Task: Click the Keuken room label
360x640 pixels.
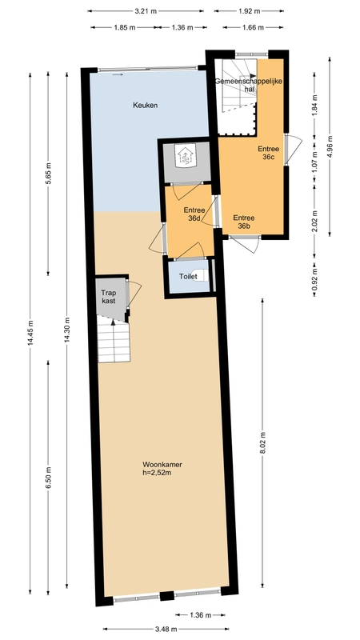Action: pos(146,106)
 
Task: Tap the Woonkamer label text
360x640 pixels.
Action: pos(162,465)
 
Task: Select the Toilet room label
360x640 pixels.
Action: pos(188,277)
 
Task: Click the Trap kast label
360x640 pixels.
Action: pos(109,297)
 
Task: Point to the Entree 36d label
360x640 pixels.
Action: pos(194,214)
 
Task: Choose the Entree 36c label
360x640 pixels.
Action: pos(268,153)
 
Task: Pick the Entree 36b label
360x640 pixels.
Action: pos(244,222)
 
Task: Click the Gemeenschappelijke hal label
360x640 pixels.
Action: pos(249,85)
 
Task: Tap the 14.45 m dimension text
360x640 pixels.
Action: pos(30,334)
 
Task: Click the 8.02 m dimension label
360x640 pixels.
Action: pos(262,443)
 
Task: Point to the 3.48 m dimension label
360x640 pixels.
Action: pos(166,629)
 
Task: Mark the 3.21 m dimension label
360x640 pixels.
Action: pos(146,11)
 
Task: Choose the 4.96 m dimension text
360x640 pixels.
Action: pos(330,146)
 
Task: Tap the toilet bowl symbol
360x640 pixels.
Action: pos(202,276)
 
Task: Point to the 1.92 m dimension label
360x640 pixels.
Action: pos(249,11)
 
